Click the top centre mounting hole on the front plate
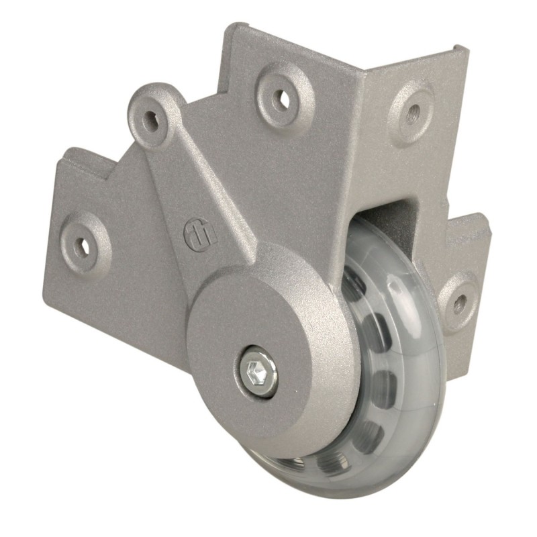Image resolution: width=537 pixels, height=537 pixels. coord(282,99)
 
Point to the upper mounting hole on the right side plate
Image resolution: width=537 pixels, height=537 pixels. coord(413,111)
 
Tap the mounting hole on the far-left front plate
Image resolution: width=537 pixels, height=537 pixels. coord(84,243)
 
